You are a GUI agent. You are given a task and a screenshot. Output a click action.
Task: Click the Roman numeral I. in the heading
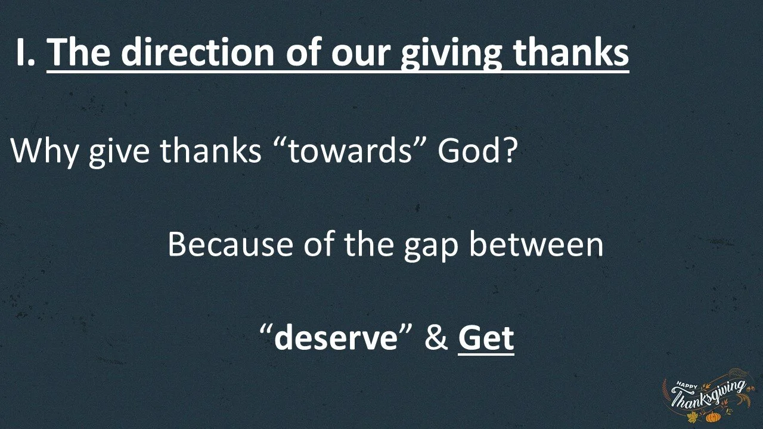pos(26,52)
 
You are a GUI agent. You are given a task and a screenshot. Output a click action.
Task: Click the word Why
pos(45,151)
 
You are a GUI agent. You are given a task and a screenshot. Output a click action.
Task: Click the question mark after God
pos(508,151)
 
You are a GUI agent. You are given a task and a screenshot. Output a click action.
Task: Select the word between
pos(536,244)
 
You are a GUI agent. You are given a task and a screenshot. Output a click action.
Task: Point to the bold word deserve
pos(336,338)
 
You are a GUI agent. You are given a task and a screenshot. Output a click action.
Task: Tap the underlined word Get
pos(486,338)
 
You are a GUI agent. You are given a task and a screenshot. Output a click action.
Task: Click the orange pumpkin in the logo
pos(713,417)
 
